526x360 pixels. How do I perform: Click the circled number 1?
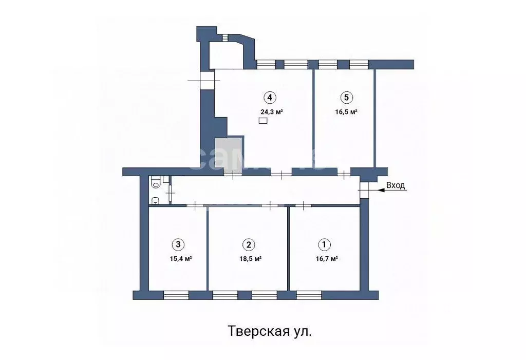click(x=324, y=244)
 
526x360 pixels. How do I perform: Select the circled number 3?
click(x=178, y=244)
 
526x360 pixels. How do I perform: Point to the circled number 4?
click(x=269, y=97)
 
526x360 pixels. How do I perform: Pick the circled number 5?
click(x=346, y=97)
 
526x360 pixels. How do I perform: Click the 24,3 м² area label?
click(x=272, y=111)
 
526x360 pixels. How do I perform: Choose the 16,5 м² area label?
click(x=346, y=111)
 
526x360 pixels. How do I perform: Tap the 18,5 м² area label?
click(x=250, y=259)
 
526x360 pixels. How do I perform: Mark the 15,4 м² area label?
click(x=181, y=259)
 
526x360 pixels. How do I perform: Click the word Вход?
click(x=396, y=185)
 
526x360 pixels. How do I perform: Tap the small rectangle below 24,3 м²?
click(x=263, y=121)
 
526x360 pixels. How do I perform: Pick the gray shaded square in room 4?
click(x=229, y=152)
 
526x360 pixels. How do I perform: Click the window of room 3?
click(x=176, y=295)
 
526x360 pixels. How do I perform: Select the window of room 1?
click(x=309, y=295)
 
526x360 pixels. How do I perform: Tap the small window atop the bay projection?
click(x=225, y=36)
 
